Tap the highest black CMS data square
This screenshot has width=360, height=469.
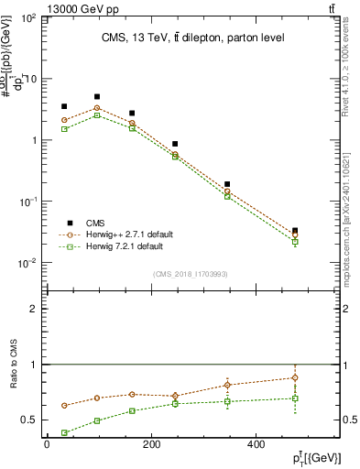97,96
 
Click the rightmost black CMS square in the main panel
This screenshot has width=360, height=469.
295,231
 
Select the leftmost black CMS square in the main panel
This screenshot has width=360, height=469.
64,106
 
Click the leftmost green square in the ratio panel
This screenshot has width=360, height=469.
64,432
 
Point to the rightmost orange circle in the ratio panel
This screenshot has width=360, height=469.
295,377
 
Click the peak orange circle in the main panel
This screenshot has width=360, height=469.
97,108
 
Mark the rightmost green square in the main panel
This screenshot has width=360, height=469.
295,242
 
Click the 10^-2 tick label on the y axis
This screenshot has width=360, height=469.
28,263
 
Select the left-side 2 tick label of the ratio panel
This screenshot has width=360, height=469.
33,310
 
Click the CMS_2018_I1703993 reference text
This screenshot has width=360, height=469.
190,272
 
